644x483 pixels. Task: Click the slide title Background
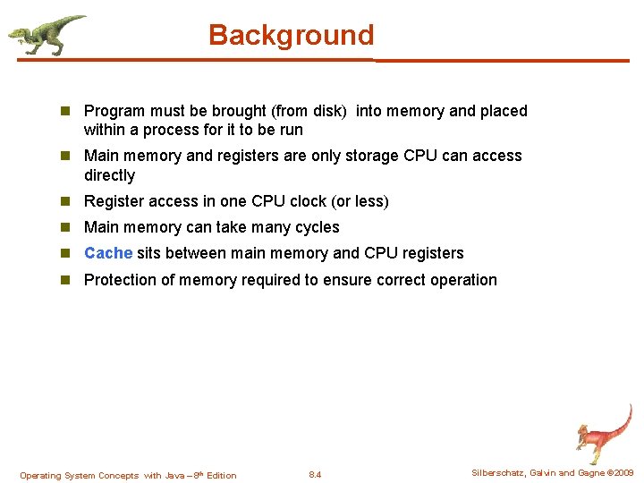tap(291, 36)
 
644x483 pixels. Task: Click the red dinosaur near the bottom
tap(603, 433)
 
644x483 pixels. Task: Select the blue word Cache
tap(108, 253)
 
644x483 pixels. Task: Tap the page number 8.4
tap(314, 475)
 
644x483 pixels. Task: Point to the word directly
tap(109, 175)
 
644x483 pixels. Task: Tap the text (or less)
tap(358, 201)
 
